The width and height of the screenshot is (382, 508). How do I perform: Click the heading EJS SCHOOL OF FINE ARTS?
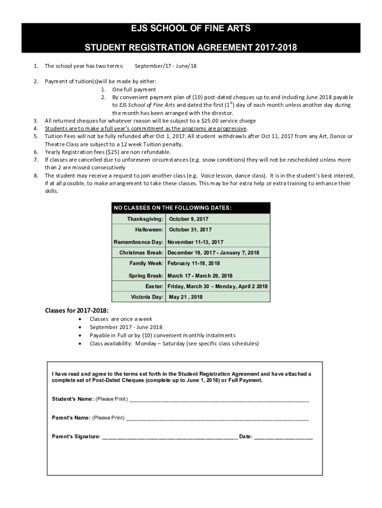pos(191,29)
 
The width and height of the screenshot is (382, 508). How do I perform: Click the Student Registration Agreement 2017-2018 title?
pos(191,48)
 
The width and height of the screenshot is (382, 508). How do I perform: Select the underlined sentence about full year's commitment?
pos(146,128)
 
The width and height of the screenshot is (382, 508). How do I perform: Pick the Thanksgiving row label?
pos(145,219)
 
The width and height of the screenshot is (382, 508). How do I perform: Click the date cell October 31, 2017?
pos(190,230)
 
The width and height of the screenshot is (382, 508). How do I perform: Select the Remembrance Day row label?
pos(138,242)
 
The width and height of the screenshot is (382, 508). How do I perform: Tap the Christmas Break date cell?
pos(213,253)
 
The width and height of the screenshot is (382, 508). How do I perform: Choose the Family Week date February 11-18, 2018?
pos(193,263)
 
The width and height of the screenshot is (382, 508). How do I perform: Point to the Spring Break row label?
pos(146,276)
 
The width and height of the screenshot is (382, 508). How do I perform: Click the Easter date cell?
pos(217,286)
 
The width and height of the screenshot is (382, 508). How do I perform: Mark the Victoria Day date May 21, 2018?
pos(186,297)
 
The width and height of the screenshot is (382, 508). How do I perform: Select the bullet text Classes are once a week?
pos(121,319)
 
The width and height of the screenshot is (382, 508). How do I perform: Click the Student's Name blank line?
pos(218,399)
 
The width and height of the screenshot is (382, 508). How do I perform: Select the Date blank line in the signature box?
pos(283,437)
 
